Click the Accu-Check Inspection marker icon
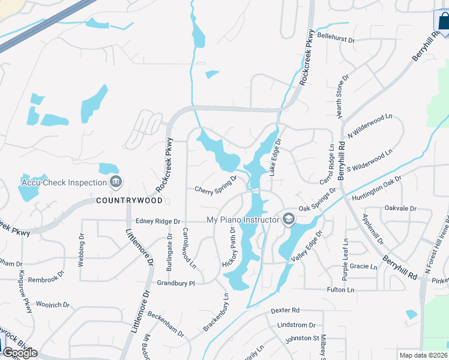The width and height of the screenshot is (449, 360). click(x=116, y=182)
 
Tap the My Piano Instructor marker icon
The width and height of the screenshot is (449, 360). click(x=289, y=220)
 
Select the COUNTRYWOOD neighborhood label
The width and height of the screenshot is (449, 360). click(x=129, y=200)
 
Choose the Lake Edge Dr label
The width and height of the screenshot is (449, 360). click(x=276, y=158)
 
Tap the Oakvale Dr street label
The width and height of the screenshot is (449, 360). click(x=400, y=208)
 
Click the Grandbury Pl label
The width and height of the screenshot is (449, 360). click(x=176, y=282)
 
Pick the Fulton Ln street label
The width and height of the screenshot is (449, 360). click(x=341, y=290)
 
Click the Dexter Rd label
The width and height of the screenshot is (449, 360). click(x=285, y=310)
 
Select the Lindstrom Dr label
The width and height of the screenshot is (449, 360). click(x=297, y=325)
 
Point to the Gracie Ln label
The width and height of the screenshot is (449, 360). click(x=363, y=265)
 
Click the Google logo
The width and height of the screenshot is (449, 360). click(x=20, y=353)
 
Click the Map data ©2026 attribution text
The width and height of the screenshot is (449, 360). click(x=424, y=355)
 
